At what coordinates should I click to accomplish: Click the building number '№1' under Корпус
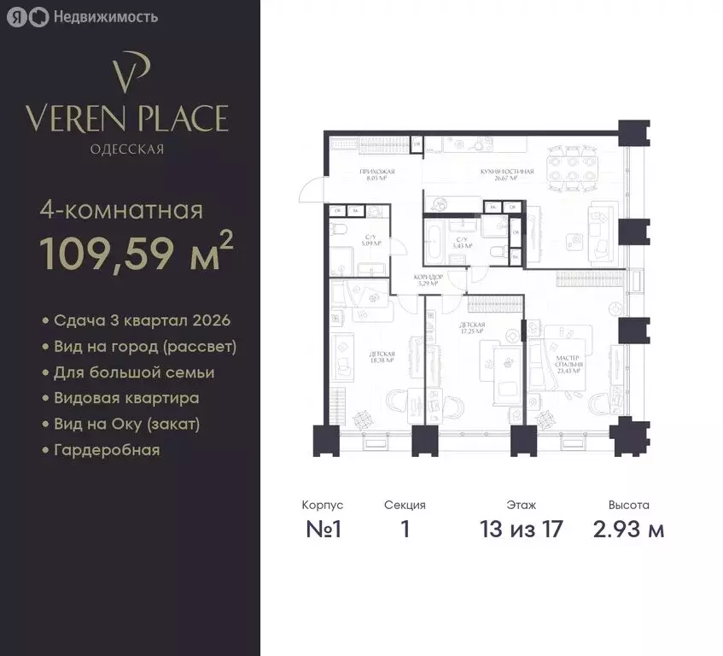point(324,529)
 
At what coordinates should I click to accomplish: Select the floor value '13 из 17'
point(521,529)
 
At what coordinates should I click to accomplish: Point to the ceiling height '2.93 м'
point(628,529)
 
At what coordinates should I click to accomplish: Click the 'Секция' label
point(405,506)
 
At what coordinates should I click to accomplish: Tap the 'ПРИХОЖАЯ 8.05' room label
point(373,175)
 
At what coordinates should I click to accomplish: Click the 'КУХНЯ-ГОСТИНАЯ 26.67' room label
point(507,175)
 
